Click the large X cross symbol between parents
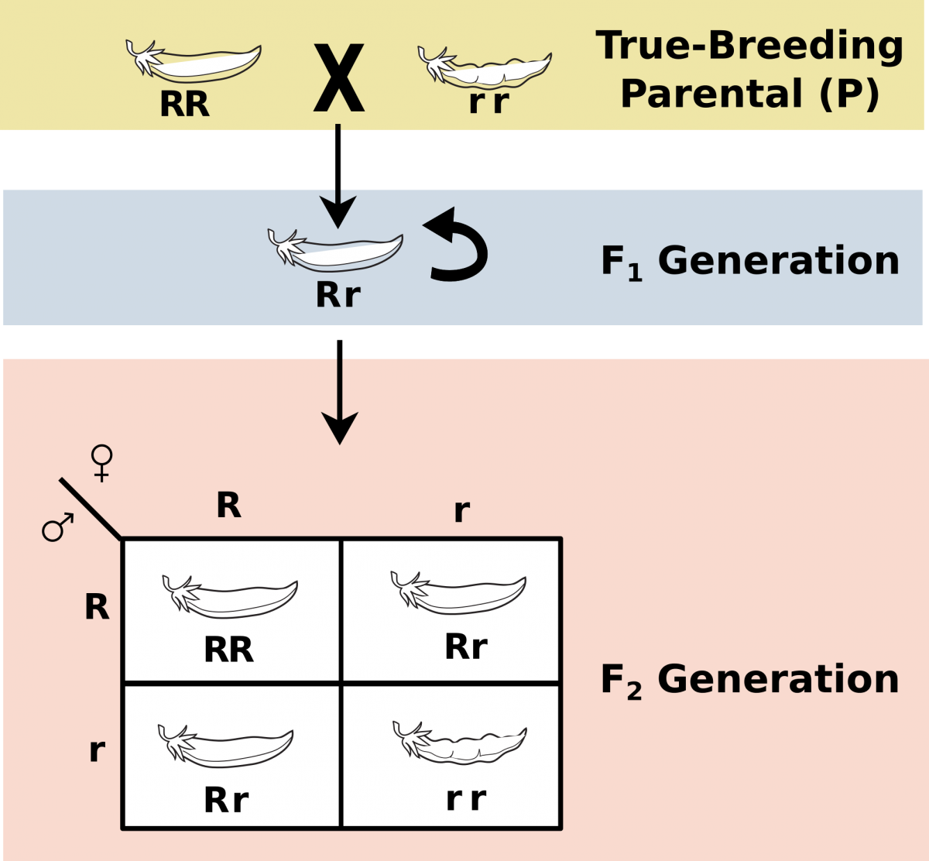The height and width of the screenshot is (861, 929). pyautogui.click(x=338, y=78)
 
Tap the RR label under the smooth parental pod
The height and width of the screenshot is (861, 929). pyautogui.click(x=184, y=105)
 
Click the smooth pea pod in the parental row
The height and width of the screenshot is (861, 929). pyautogui.click(x=194, y=61)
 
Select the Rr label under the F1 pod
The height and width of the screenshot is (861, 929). pyautogui.click(x=338, y=295)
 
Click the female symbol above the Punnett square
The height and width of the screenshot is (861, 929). pyautogui.click(x=101, y=462)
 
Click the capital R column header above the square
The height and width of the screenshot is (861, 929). pyautogui.click(x=228, y=506)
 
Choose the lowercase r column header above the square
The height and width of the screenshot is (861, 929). pyautogui.click(x=461, y=510)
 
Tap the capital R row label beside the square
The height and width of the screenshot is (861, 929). pyautogui.click(x=97, y=608)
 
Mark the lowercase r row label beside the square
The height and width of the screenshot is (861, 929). pyautogui.click(x=97, y=750)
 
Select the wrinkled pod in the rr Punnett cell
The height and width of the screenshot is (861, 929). pyautogui.click(x=461, y=743)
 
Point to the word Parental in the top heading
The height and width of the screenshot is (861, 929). pyautogui.click(x=711, y=94)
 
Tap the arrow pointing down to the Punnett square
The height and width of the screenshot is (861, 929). pyautogui.click(x=339, y=403)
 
